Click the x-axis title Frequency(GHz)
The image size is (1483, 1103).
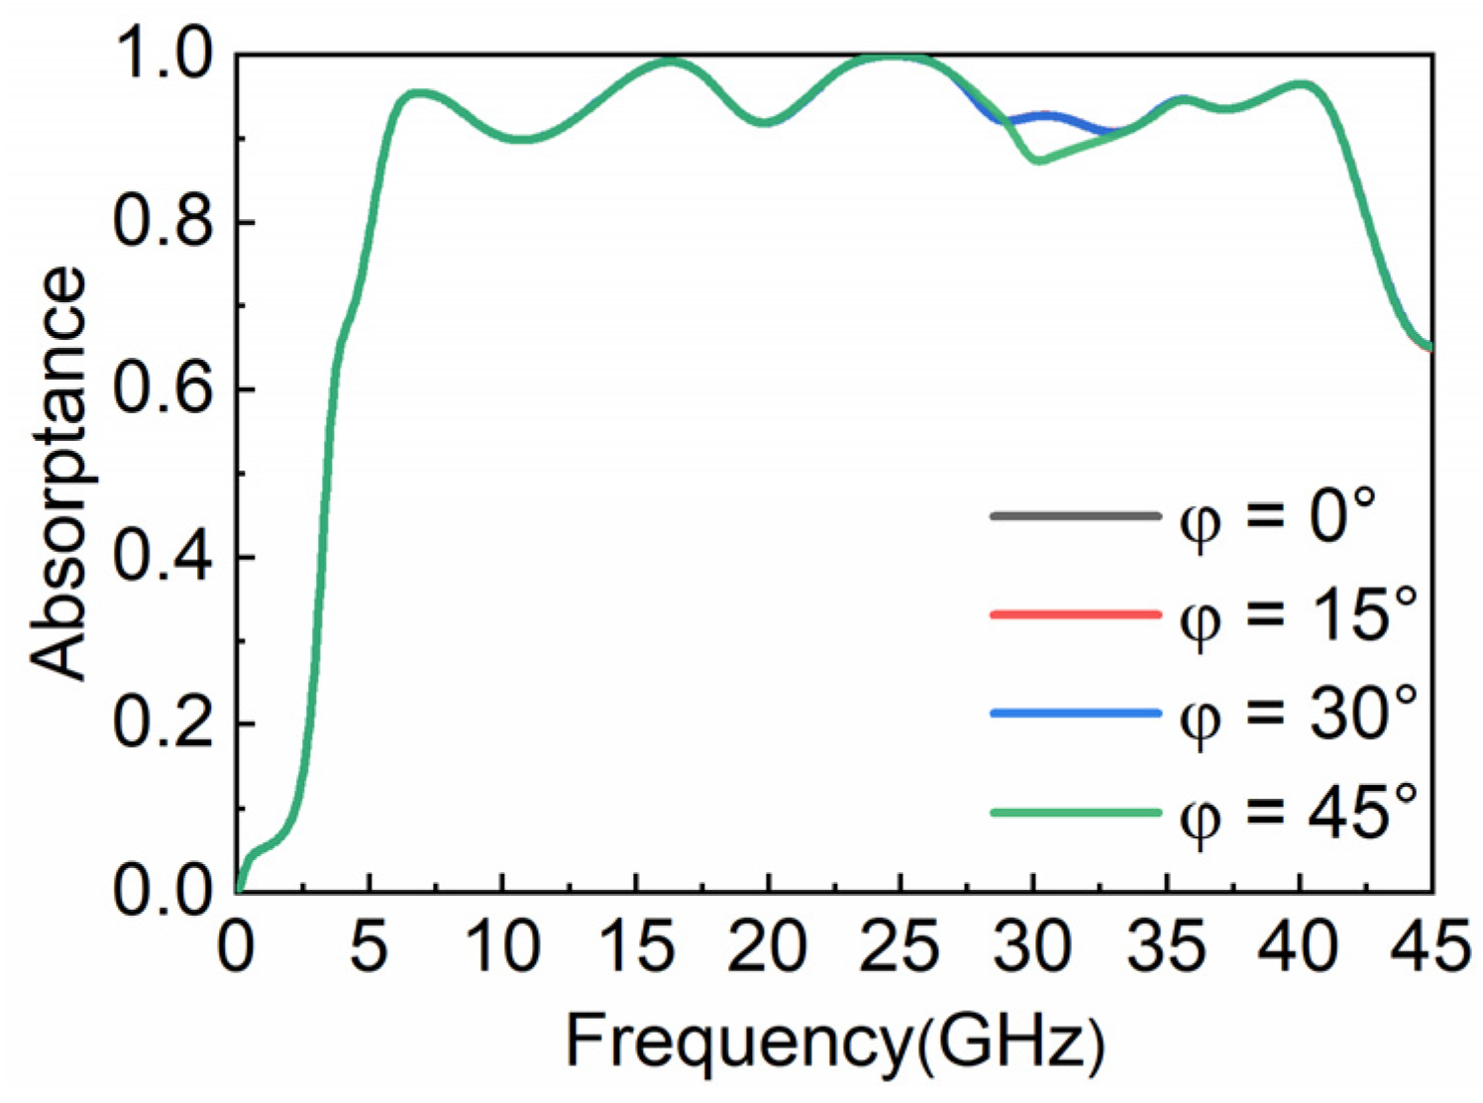pyautogui.click(x=835, y=1043)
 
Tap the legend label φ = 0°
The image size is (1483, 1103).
pyautogui.click(x=1278, y=516)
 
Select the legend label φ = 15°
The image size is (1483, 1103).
pyautogui.click(x=1299, y=615)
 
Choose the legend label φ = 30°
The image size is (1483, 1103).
pyautogui.click(x=1299, y=714)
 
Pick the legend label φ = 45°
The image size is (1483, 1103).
pyautogui.click(x=1299, y=813)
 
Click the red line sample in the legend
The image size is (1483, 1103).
pyautogui.click(x=1075, y=615)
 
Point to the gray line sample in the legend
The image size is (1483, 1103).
pyautogui.click(x=1075, y=516)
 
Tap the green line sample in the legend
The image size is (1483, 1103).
pyautogui.click(x=1075, y=813)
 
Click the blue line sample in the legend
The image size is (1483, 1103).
pyautogui.click(x=1075, y=714)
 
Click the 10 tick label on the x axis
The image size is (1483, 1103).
pyautogui.click(x=502, y=946)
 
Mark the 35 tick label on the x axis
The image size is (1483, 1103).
pyautogui.click(x=1166, y=946)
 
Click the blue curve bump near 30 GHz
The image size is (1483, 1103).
pyautogui.click(x=1047, y=117)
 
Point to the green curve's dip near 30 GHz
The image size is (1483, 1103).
pyautogui.click(x=1037, y=159)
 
